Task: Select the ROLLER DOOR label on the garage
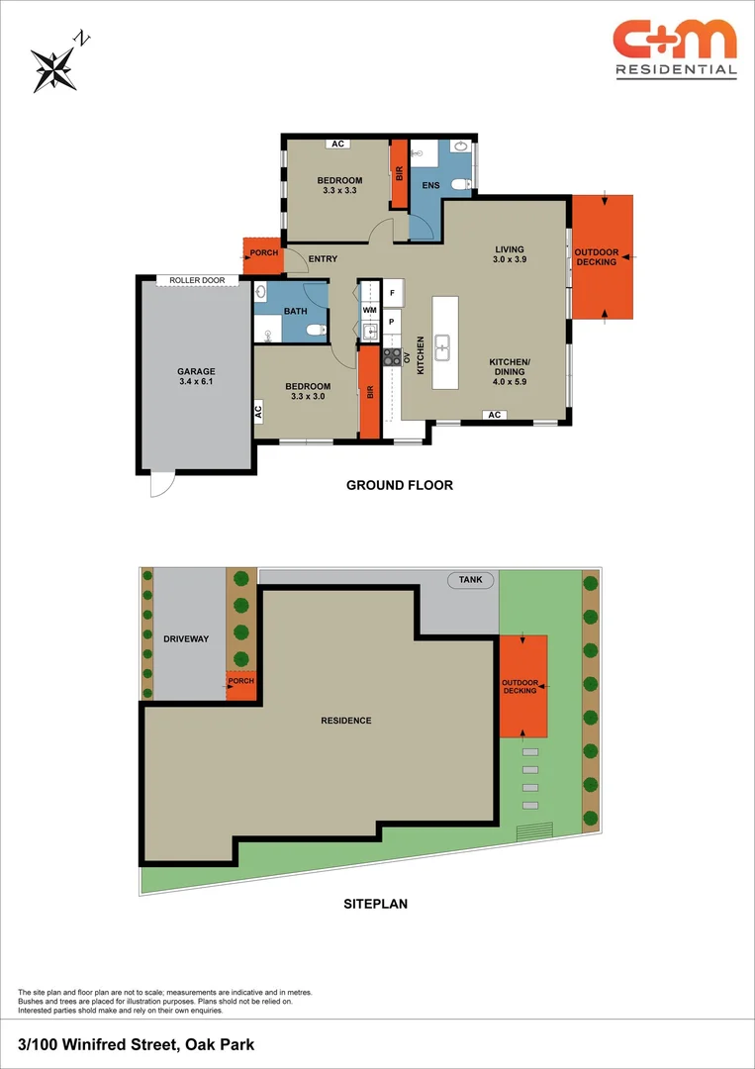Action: pyautogui.click(x=198, y=281)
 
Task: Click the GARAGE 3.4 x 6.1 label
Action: pyautogui.click(x=196, y=376)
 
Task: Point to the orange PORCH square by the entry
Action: pyautogui.click(x=263, y=254)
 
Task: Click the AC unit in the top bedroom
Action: pyautogui.click(x=337, y=145)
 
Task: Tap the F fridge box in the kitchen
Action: pyautogui.click(x=392, y=294)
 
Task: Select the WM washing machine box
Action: pyautogui.click(x=370, y=311)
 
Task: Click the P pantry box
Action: pyautogui.click(x=392, y=323)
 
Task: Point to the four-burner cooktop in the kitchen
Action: pyautogui.click(x=392, y=356)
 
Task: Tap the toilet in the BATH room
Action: pyautogui.click(x=315, y=330)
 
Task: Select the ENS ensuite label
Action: pyautogui.click(x=430, y=185)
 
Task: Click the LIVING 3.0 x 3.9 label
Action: pyautogui.click(x=510, y=254)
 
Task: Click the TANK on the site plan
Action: pyautogui.click(x=471, y=580)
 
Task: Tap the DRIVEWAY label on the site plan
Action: pyautogui.click(x=186, y=639)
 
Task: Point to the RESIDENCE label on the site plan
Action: pyautogui.click(x=345, y=721)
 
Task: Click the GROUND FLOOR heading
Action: pyautogui.click(x=399, y=485)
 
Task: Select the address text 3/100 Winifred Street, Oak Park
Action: pyautogui.click(x=137, y=1044)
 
